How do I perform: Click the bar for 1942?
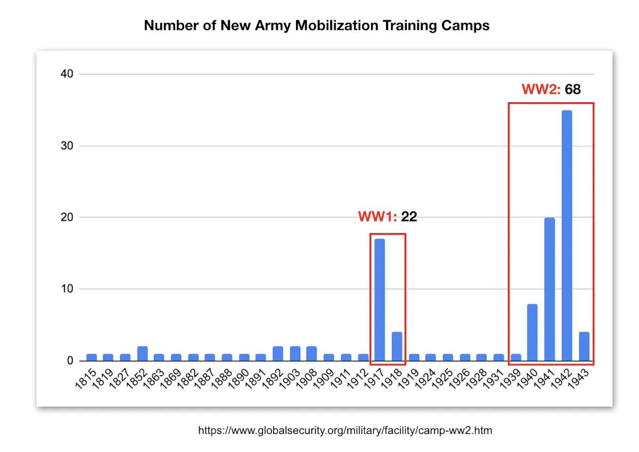(567, 235)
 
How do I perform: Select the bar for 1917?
(380, 300)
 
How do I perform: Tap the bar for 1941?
(550, 289)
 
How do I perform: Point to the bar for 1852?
(142, 354)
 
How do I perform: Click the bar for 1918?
(397, 347)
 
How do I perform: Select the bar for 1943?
(584, 347)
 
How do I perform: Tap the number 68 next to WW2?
(572, 89)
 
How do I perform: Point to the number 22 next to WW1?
(409, 217)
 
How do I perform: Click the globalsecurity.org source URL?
(345, 430)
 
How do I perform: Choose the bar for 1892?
(278, 354)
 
